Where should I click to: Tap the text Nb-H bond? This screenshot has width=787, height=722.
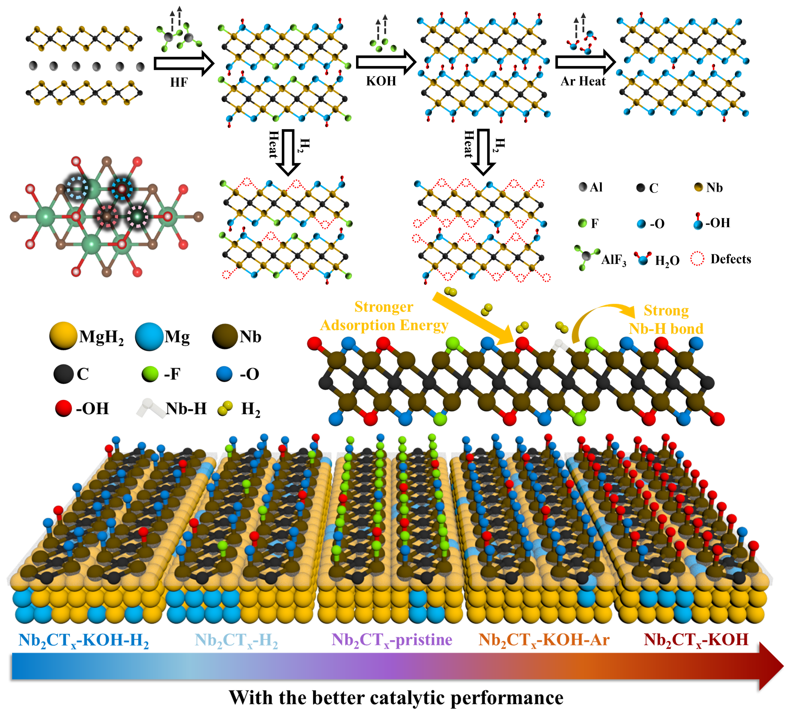pyautogui.click(x=666, y=329)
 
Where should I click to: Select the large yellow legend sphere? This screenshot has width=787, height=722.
pyautogui.click(x=64, y=335)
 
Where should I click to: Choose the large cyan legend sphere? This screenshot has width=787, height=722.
pyautogui.click(x=150, y=336)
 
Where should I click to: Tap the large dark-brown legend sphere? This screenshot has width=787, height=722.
pyautogui.click(x=226, y=335)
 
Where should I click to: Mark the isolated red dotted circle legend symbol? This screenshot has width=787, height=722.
pyautogui.click(x=697, y=258)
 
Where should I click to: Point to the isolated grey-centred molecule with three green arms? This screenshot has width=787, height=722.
pyautogui.click(x=586, y=257)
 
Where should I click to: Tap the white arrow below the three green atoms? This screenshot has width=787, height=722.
pyautogui.click(x=385, y=62)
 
